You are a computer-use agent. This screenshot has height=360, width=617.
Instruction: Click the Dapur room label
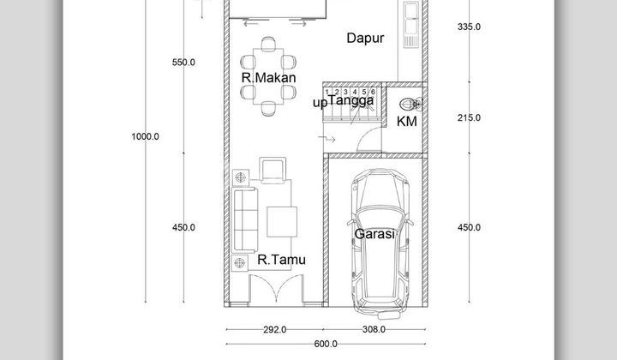coord(365,38)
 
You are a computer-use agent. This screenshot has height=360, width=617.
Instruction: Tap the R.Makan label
coord(268,78)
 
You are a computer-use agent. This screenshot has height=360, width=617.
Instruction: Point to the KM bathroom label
coord(407,122)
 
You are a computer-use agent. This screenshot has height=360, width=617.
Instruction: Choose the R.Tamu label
coord(281,260)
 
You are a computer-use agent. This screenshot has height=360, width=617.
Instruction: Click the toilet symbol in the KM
coord(412,105)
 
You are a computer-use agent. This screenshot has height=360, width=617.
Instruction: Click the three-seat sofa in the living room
coord(245,218)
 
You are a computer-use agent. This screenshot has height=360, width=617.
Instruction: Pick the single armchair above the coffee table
coord(273,170)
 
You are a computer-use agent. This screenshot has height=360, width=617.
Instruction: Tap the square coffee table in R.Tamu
coord(284,221)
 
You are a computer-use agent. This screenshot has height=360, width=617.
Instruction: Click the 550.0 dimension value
coord(183,62)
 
